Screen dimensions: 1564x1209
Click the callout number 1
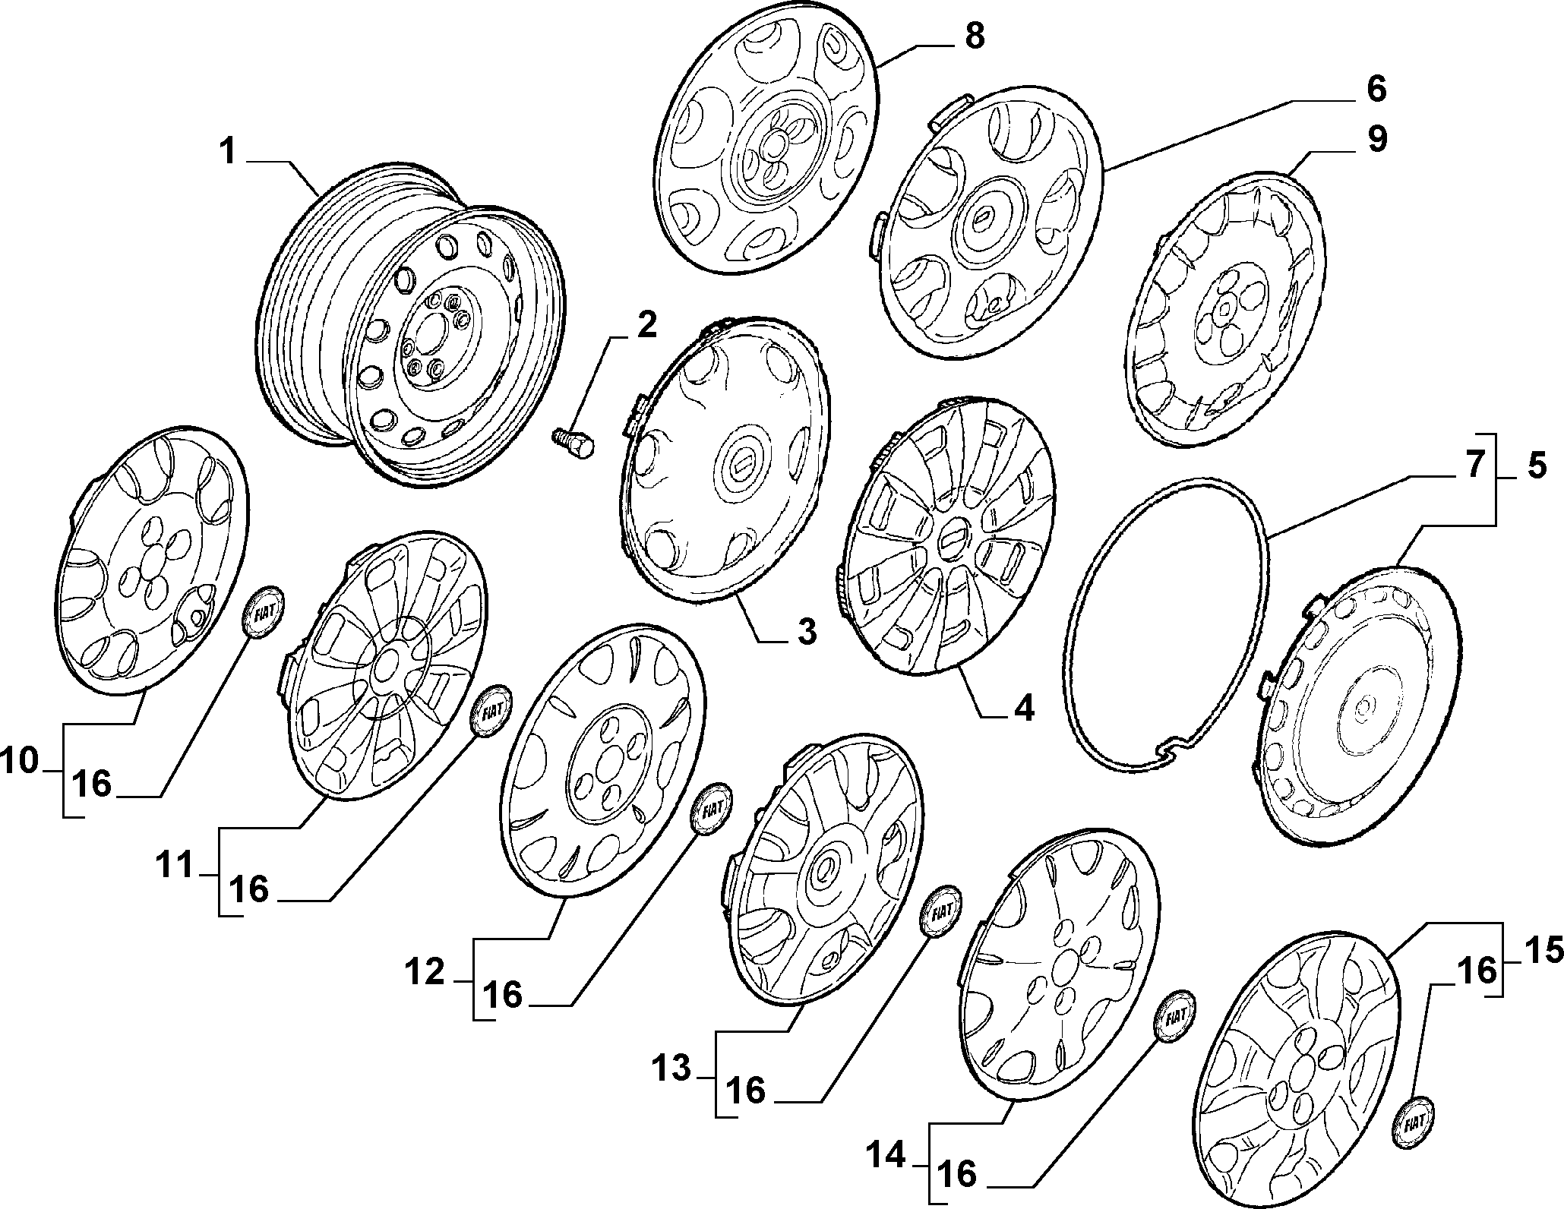click(x=228, y=150)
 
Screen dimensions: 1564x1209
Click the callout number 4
click(x=1023, y=708)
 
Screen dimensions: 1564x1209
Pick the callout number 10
click(x=20, y=761)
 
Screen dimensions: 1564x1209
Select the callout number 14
click(x=887, y=1157)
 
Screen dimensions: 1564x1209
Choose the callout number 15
click(x=1542, y=950)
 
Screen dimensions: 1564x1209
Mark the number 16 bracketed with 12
click(x=502, y=994)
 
